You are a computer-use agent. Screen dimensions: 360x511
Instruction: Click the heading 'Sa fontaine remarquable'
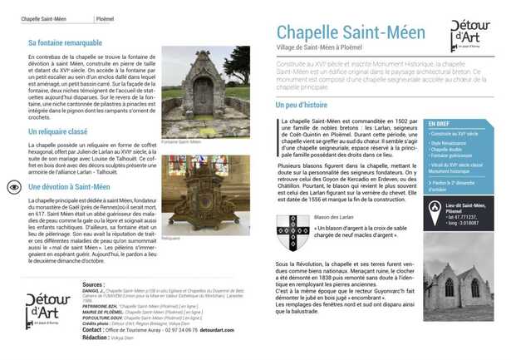coord(65,42)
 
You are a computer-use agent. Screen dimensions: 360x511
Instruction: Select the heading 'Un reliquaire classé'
coord(58,131)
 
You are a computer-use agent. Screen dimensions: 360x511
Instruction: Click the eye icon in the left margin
coord(13,187)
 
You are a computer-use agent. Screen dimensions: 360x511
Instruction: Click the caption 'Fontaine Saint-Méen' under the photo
coord(182,141)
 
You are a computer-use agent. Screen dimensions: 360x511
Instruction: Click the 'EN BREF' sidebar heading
coord(440,123)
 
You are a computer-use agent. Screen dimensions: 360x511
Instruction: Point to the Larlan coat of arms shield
coord(292,231)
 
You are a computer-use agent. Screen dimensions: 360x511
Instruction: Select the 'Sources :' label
coord(94,284)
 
